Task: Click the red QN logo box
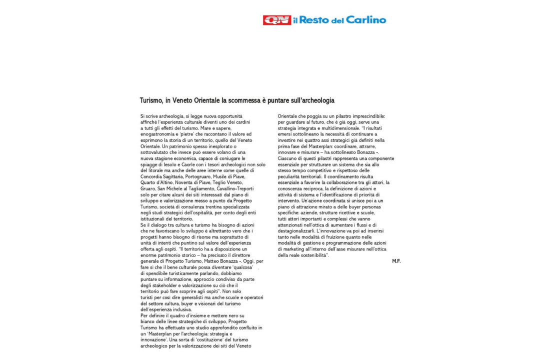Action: point(277,20)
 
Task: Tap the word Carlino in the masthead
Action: point(366,20)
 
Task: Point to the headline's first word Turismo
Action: point(150,100)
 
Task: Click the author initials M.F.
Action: point(396,261)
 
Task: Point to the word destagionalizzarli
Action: point(296,231)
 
